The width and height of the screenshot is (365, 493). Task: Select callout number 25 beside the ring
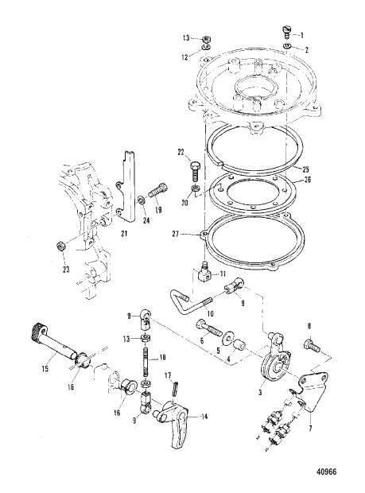click(x=306, y=169)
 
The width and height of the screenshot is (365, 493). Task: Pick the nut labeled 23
click(x=60, y=244)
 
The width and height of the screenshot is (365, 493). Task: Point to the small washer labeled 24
click(x=139, y=199)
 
